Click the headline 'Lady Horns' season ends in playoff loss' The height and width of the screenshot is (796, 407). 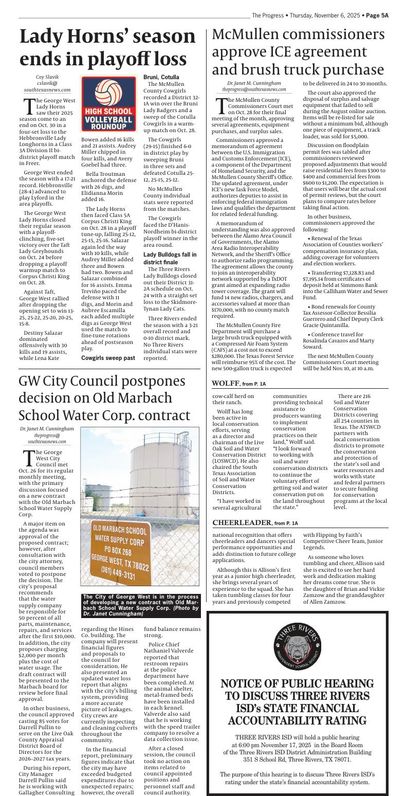click(108, 48)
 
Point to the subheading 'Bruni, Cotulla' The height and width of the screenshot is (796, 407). click(161, 77)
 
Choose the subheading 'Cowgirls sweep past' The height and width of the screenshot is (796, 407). click(108, 357)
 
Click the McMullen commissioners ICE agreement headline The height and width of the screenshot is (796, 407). click(298, 52)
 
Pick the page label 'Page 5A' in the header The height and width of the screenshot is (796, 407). click(377, 15)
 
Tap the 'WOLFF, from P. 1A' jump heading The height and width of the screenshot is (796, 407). click(239, 384)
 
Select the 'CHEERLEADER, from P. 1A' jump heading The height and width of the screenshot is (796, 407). click(255, 523)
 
